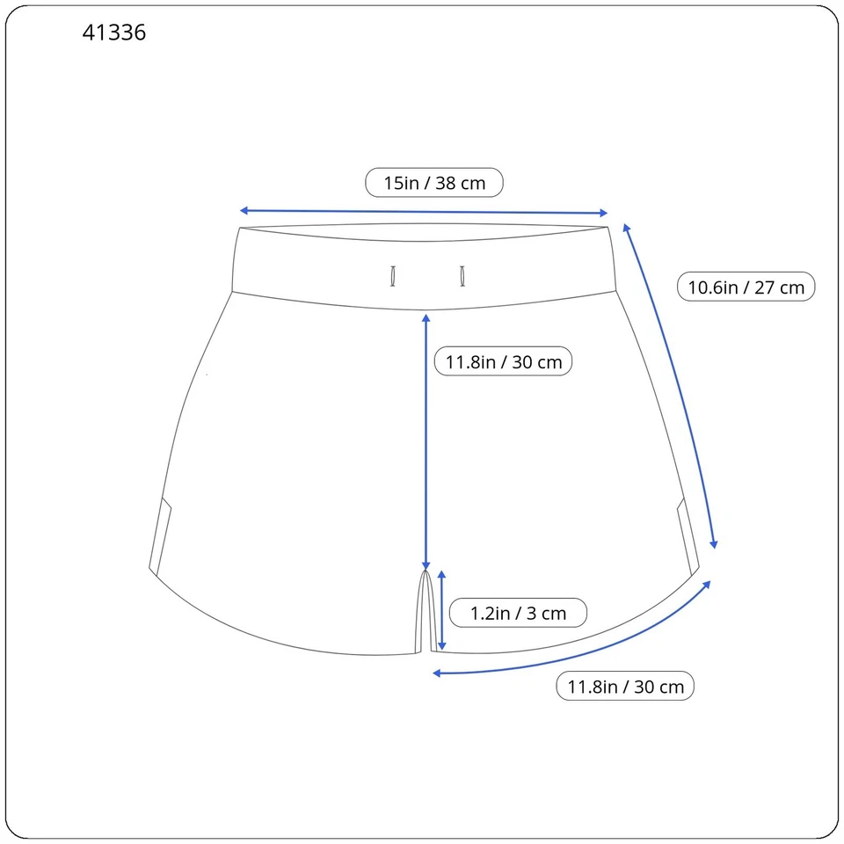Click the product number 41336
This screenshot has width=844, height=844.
coord(114,33)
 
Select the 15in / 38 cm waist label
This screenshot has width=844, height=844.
coord(434,183)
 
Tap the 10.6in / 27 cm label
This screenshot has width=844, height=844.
coord(746,287)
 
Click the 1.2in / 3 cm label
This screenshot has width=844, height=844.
coord(518,613)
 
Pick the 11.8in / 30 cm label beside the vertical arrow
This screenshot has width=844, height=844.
coord(503,361)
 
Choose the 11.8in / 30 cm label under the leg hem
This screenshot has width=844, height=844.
coord(625,687)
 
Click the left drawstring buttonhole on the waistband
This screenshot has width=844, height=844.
coord(393,276)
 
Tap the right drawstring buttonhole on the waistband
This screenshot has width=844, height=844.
coord(462,276)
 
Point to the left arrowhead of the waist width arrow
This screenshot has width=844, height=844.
coord(244,210)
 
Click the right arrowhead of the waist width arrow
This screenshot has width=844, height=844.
coord(604,213)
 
